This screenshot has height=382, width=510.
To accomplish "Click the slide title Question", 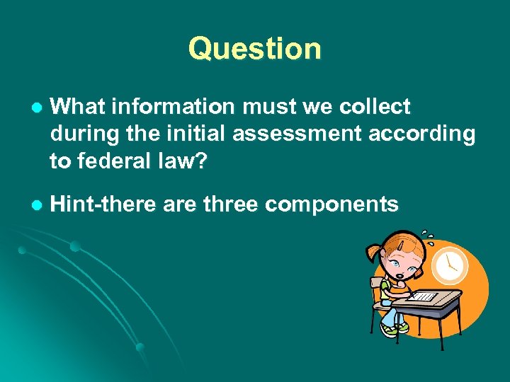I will tap(254, 49).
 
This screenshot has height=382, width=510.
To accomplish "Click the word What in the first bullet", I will tap(79, 107).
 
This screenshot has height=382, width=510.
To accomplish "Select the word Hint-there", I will tap(104, 204).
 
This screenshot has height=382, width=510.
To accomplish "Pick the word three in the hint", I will tap(231, 204).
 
